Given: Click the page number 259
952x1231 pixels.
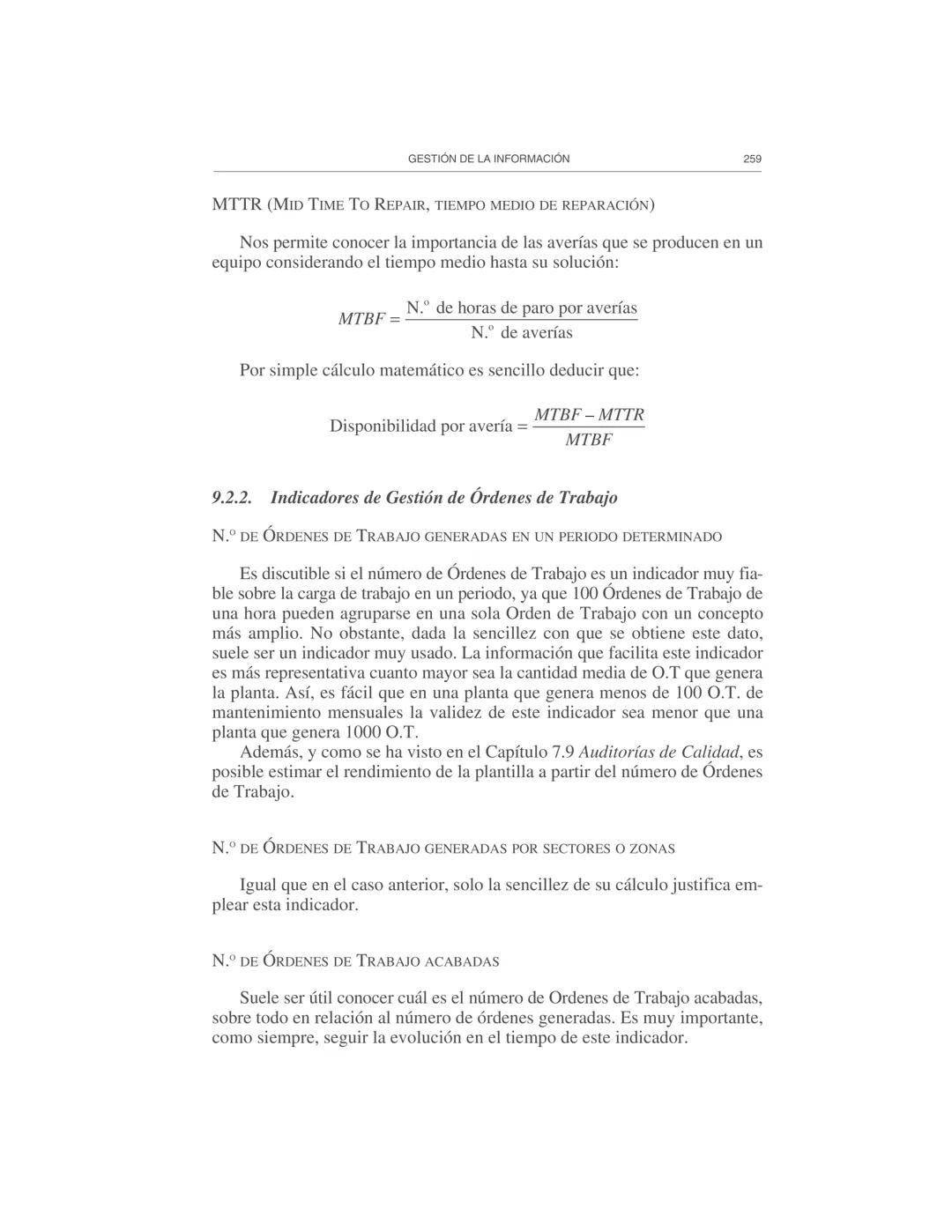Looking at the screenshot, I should tap(751, 159).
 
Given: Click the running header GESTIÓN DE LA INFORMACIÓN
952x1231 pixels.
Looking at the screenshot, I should tap(488, 159).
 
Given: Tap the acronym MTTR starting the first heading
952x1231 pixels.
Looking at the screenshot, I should tap(237, 205).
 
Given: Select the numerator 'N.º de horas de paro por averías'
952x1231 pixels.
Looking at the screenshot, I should tap(521, 308).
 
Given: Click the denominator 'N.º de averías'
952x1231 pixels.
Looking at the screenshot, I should tap(521, 333).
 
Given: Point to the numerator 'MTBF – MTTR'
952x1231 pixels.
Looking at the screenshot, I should tap(589, 414).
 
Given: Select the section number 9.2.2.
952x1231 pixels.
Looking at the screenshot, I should tap(232, 498).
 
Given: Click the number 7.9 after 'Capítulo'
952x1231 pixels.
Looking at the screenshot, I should tap(562, 753).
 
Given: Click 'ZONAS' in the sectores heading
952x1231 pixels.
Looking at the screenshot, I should tap(652, 849).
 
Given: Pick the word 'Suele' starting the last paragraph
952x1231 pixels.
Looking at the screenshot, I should tap(259, 998).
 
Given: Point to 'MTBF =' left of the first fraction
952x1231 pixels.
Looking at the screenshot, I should tap(368, 320).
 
